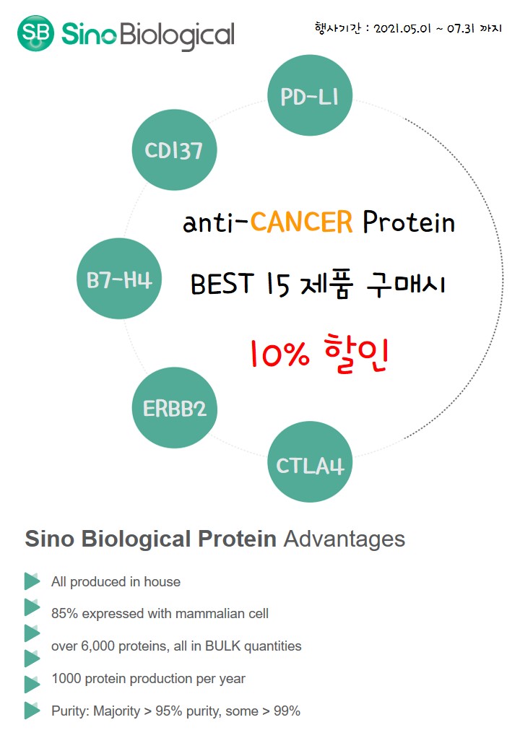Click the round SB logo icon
[x=35, y=32]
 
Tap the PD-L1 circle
[x=310, y=95]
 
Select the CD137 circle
[x=174, y=150]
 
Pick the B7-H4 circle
[x=119, y=279]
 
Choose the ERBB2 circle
[x=174, y=407]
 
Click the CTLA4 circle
[x=310, y=461]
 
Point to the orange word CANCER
[x=301, y=222]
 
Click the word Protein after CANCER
[x=409, y=222]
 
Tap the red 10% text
[x=280, y=355]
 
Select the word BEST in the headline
[x=222, y=283]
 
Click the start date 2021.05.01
[x=402, y=29]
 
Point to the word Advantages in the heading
[x=344, y=539]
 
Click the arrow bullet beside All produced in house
[x=32, y=581]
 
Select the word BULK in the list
[x=222, y=646]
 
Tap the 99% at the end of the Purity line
[x=287, y=711]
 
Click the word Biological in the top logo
[x=177, y=35]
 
